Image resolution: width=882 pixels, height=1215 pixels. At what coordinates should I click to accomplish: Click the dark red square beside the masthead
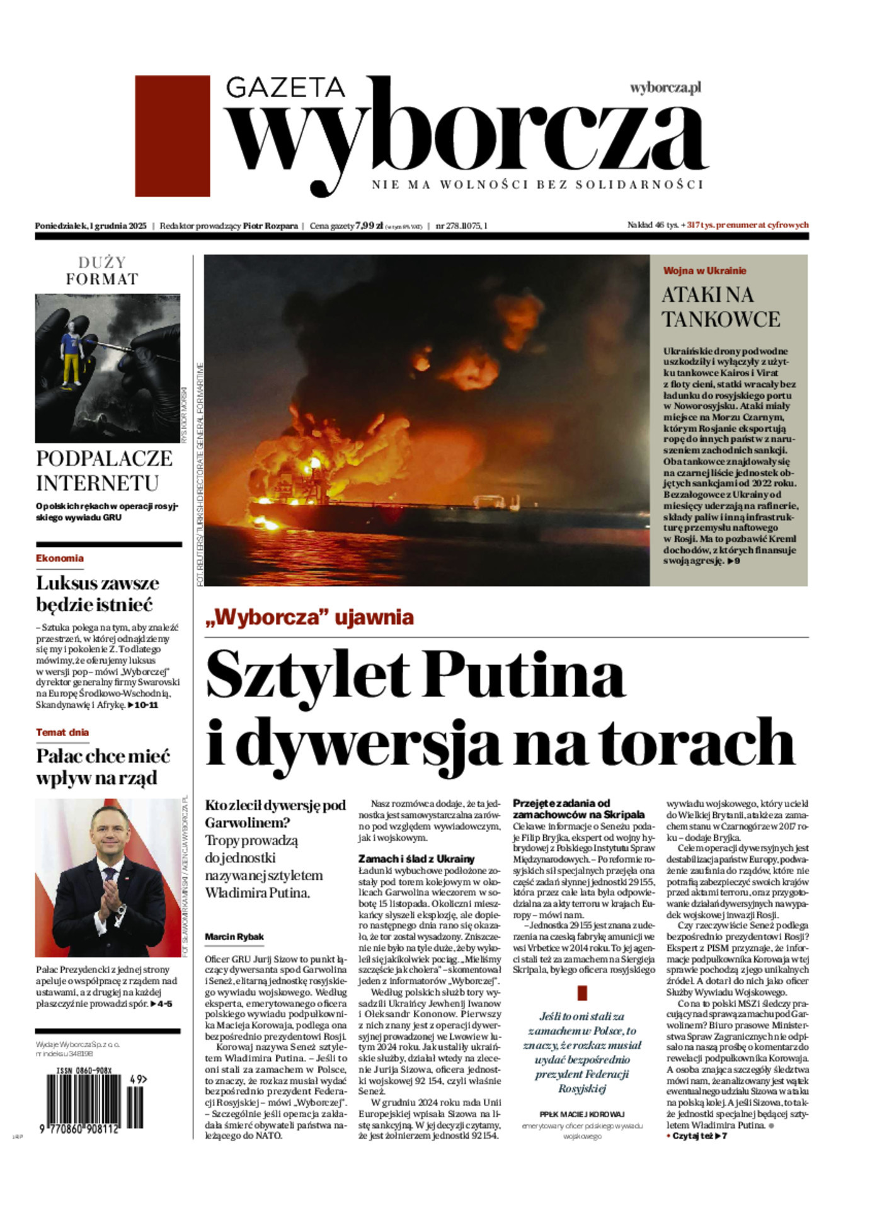[172, 135]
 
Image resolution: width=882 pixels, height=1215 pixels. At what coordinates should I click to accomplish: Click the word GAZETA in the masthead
[285, 87]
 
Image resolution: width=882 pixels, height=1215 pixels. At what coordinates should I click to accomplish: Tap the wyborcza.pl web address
[665, 88]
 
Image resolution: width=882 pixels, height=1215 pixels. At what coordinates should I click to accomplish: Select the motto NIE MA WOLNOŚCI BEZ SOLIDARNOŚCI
[537, 185]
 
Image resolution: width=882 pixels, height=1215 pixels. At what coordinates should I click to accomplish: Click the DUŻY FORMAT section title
[102, 270]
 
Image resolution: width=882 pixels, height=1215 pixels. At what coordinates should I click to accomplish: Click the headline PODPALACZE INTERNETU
[104, 470]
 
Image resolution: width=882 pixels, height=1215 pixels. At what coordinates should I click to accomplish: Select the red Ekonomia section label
[60, 558]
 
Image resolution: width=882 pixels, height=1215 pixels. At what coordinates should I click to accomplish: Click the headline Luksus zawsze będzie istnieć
[98, 593]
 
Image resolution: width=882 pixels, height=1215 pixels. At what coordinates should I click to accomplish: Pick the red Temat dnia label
[62, 732]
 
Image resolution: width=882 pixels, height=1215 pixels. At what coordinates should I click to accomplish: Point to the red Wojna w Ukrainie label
[704, 271]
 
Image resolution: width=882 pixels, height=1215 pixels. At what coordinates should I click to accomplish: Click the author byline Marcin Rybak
[234, 937]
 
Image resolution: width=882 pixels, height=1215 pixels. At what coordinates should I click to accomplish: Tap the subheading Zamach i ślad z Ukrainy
[416, 859]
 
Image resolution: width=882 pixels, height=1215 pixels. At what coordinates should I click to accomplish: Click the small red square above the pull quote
[581, 993]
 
